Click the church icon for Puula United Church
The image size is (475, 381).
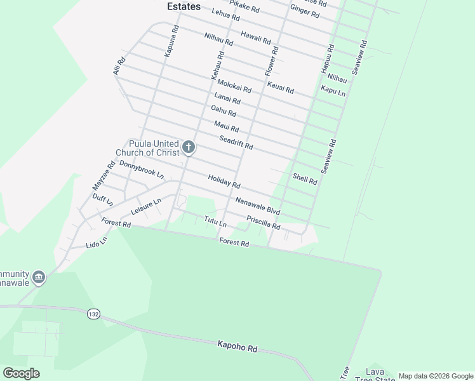click(188, 148)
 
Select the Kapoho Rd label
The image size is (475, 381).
click(237, 347)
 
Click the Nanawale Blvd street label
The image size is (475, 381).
click(258, 205)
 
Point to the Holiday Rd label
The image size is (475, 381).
click(224, 181)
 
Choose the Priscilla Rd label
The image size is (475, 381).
click(264, 222)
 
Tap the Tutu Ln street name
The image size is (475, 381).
click(215, 222)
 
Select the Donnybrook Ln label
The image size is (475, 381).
click(142, 170)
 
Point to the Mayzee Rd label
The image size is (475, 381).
click(104, 176)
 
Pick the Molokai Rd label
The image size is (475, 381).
click(234, 86)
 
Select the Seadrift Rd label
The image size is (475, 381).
click(236, 143)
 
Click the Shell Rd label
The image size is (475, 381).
click(305, 178)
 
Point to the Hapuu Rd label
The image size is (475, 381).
click(327, 57)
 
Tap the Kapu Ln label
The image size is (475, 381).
click(333, 91)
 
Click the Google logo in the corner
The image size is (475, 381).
click(21, 373)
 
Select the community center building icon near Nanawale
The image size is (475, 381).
click(39, 277)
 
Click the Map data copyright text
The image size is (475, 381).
click(436, 376)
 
